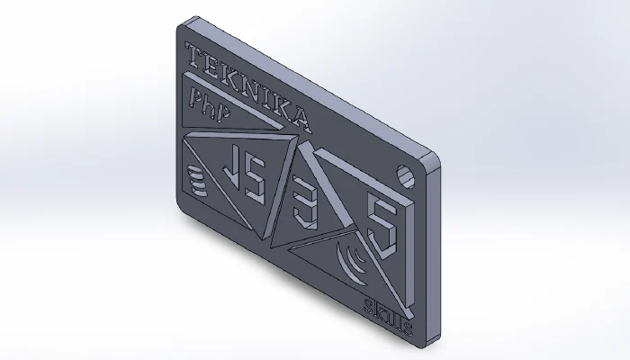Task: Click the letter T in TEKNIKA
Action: click(192, 56)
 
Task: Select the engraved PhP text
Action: click(206, 102)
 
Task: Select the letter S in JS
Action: click(256, 183)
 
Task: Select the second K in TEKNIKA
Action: click(279, 105)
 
